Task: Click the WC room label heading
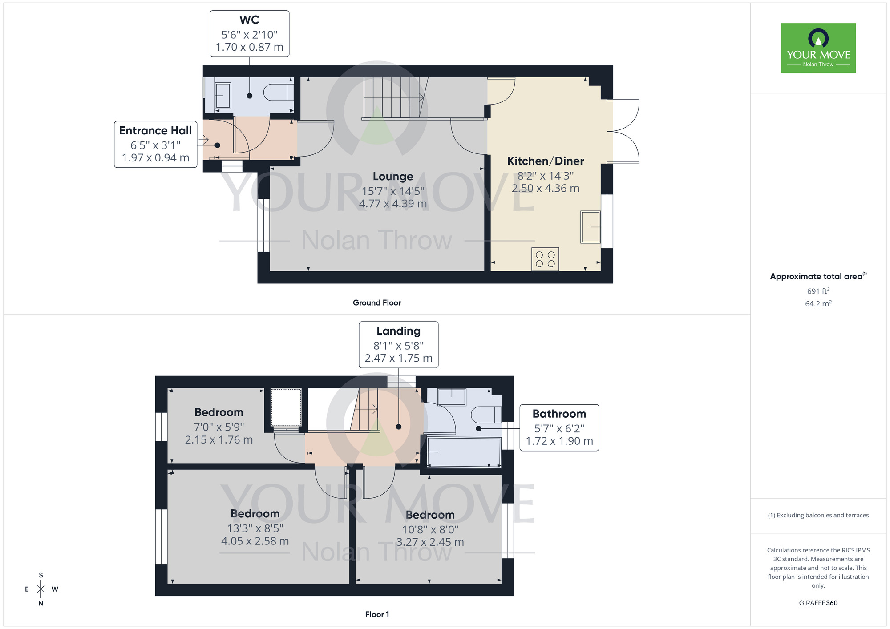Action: click(x=249, y=20)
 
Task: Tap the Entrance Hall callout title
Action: click(x=155, y=131)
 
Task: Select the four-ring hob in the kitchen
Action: click(x=545, y=259)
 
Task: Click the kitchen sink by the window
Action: click(x=591, y=227)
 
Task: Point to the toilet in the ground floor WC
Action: click(x=278, y=93)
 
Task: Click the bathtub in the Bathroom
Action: click(x=463, y=452)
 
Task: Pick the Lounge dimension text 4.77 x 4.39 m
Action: click(x=392, y=204)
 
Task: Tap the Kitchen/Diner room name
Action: click(x=545, y=161)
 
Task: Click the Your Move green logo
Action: click(x=818, y=48)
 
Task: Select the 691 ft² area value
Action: click(x=818, y=291)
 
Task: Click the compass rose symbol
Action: click(x=41, y=589)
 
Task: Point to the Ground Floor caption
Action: click(x=376, y=303)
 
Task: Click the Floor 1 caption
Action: click(x=376, y=614)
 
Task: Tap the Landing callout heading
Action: click(x=398, y=331)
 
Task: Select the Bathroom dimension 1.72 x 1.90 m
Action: click(x=559, y=441)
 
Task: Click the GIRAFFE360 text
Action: click(x=818, y=603)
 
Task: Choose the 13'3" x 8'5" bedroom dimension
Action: click(x=255, y=528)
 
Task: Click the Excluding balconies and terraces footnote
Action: click(x=818, y=515)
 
